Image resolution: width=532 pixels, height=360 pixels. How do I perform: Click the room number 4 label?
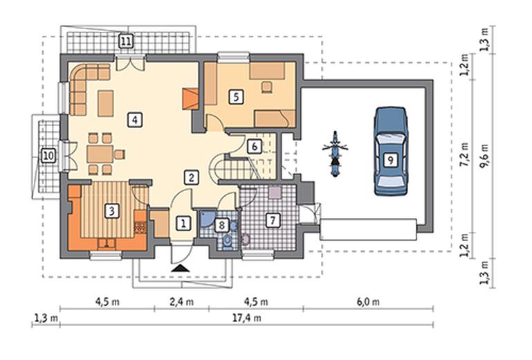point(135,120)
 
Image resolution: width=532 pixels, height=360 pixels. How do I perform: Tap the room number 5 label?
point(236,97)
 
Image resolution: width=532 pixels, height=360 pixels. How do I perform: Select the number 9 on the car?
point(390,160)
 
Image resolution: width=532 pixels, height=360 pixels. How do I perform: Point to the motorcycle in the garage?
point(336,154)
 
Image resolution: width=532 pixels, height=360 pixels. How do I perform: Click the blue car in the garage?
point(390,151)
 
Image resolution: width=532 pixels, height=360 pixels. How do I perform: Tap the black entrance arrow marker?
point(180,269)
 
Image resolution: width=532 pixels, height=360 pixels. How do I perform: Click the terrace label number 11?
point(126,42)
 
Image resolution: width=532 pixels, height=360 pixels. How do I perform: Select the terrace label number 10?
point(48,156)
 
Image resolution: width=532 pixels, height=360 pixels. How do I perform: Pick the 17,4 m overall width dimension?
point(247,318)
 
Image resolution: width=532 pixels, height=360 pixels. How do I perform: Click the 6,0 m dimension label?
point(368,302)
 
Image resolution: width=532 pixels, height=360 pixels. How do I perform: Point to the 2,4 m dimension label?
point(182,302)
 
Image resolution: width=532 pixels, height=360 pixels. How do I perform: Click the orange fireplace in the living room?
point(190,99)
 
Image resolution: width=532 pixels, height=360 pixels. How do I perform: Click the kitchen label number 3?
point(111,211)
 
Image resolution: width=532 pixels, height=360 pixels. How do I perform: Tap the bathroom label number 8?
point(222,225)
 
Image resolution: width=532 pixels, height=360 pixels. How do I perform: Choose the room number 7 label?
point(273,220)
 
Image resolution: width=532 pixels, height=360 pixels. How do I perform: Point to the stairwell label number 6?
point(255,147)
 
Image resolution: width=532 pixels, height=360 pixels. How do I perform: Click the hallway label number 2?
point(192,177)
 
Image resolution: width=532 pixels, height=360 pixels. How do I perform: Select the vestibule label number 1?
point(183,224)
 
